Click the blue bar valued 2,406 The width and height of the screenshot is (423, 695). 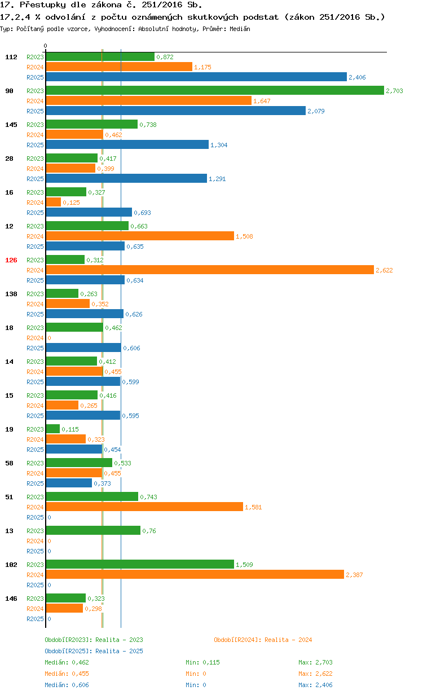(x=196, y=77)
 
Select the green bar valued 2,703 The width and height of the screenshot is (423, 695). (x=215, y=90)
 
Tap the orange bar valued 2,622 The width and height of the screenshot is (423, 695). (x=210, y=270)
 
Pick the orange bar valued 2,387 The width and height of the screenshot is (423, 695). (x=195, y=574)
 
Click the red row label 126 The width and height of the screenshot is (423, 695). (x=11, y=260)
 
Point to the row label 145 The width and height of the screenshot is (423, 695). (x=11, y=125)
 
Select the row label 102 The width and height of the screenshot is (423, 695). (x=11, y=565)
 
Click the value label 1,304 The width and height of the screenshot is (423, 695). (x=219, y=145)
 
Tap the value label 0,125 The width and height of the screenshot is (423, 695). (x=71, y=203)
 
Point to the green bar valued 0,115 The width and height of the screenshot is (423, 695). (x=53, y=429)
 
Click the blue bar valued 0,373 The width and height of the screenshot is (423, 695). (x=69, y=483)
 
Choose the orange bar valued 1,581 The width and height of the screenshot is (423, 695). (x=144, y=507)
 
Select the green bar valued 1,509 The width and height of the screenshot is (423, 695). (x=140, y=564)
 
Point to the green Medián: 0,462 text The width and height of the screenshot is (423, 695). (x=67, y=662)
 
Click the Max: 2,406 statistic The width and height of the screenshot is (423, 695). (x=315, y=685)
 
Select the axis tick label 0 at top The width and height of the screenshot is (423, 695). (x=46, y=46)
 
